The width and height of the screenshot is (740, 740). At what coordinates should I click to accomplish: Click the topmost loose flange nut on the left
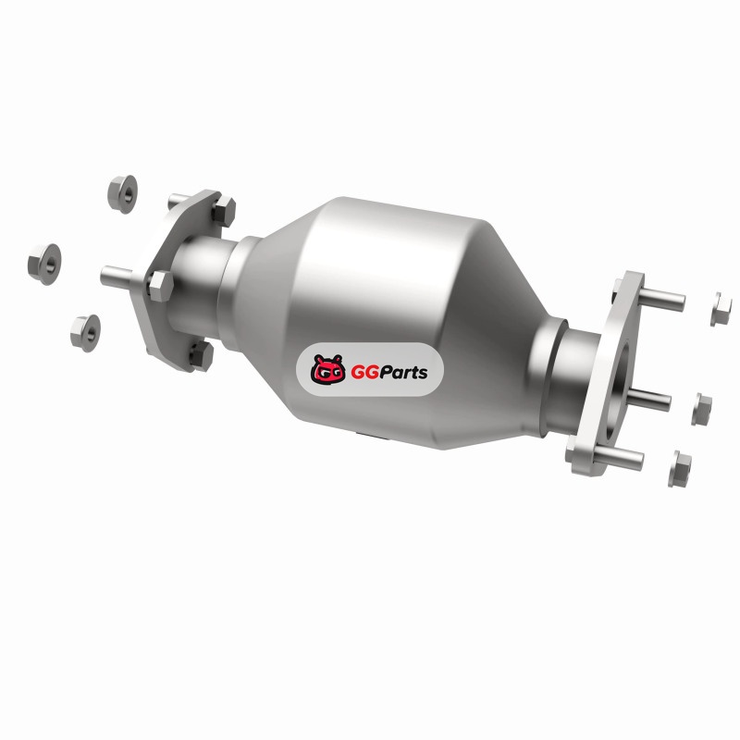[x=122, y=193]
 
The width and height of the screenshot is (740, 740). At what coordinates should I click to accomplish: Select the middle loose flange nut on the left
[x=44, y=264]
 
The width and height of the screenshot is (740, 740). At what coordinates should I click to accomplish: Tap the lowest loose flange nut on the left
[x=85, y=333]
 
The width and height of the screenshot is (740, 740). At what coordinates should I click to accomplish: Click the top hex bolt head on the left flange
[x=223, y=212]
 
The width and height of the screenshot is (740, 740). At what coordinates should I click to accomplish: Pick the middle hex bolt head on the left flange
[x=160, y=286]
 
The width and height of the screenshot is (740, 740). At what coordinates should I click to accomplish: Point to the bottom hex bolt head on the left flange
[x=202, y=356]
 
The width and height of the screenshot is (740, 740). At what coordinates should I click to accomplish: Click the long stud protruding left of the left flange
[x=117, y=276]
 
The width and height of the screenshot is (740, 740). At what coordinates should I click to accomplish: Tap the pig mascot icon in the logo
[x=327, y=369]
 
